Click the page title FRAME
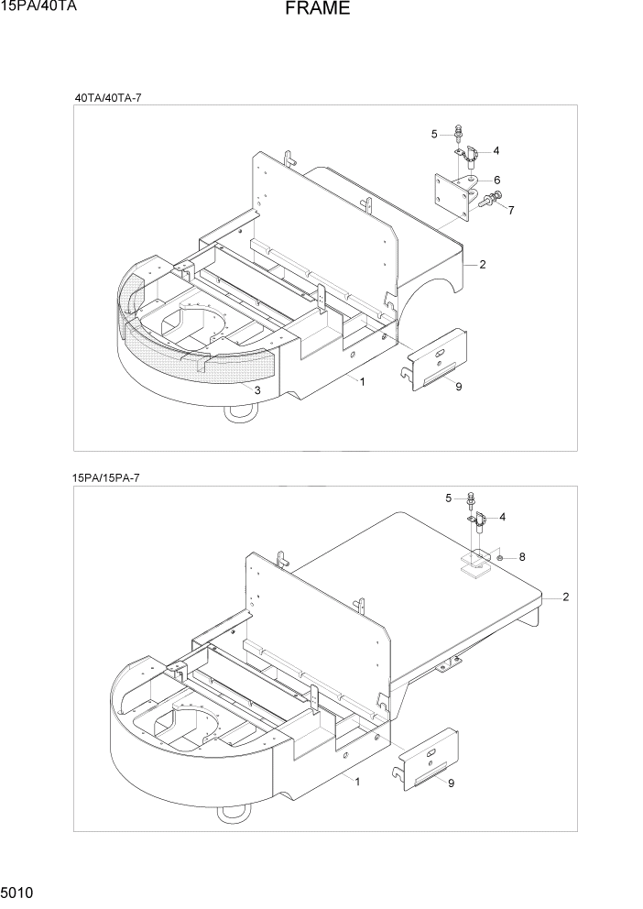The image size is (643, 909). click(316, 9)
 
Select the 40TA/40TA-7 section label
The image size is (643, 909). click(108, 97)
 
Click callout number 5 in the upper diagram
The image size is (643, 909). click(434, 135)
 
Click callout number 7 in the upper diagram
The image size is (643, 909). click(510, 210)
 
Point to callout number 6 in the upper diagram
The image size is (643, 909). click(496, 180)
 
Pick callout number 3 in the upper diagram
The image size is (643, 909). click(258, 391)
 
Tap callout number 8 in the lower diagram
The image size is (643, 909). click(521, 556)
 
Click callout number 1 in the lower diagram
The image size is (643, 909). click(357, 782)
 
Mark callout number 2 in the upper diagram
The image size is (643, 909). click(482, 265)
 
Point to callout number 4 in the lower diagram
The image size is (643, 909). click(502, 517)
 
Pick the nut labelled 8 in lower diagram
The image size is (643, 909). click(502, 556)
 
